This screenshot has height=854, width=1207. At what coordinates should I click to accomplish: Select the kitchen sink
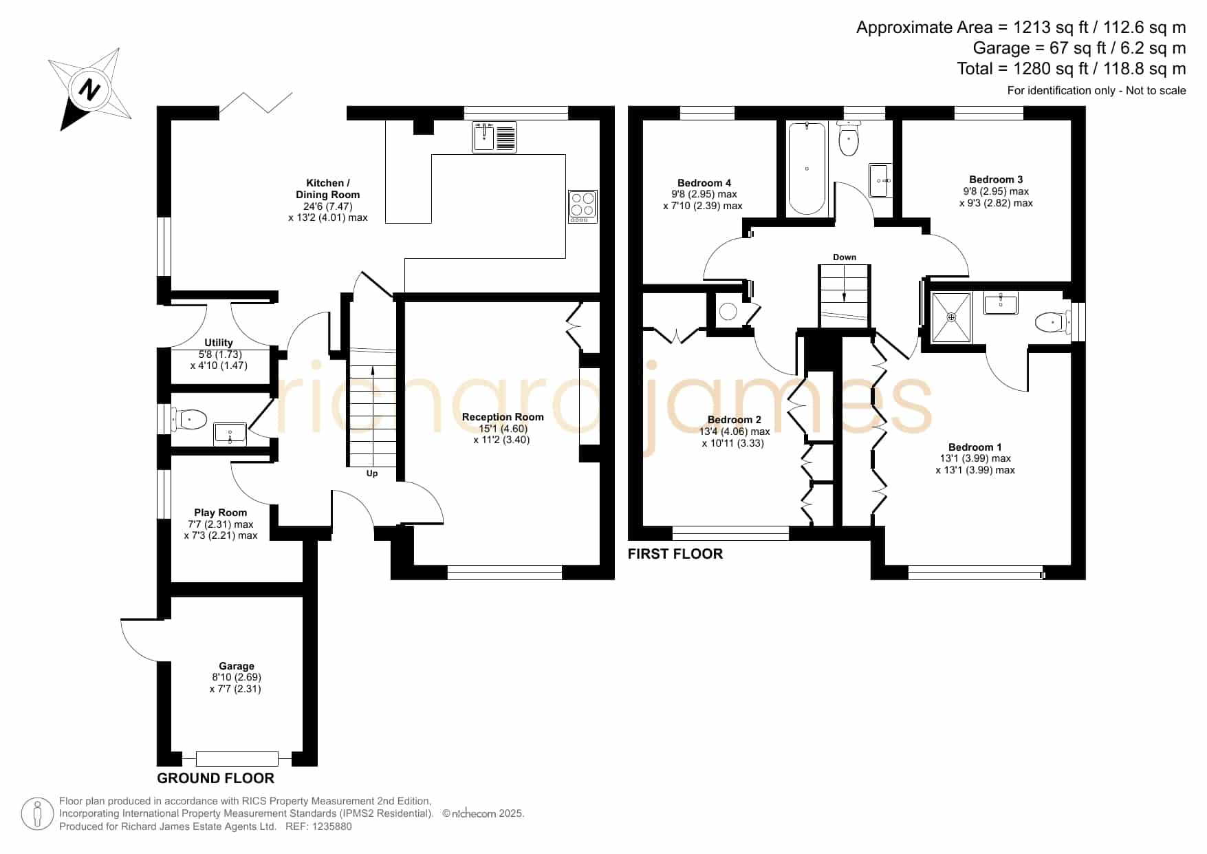[x=494, y=136]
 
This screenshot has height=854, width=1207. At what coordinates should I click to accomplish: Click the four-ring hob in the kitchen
[x=583, y=206]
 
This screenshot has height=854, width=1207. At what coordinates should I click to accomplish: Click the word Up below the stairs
[x=372, y=473]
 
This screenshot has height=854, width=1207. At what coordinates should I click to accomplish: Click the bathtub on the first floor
[x=807, y=169]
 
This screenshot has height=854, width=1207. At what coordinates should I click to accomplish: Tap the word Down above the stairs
[x=845, y=257]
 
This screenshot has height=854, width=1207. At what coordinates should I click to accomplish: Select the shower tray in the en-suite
[x=952, y=317]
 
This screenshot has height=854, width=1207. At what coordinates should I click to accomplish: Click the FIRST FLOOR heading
[x=675, y=554]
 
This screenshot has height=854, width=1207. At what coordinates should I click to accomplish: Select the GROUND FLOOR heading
[x=216, y=778]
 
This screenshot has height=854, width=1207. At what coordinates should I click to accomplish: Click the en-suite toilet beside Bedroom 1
[x=1052, y=321]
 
